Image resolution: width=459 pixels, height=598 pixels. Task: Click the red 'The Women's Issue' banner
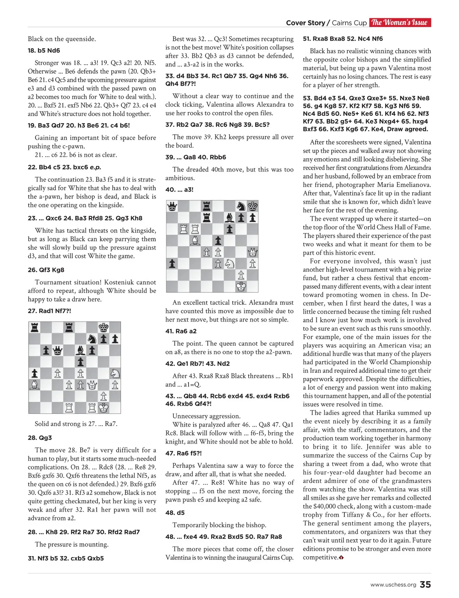coord(400,23)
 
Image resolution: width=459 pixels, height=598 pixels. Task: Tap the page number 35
coord(425,585)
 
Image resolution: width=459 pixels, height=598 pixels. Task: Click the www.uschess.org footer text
coord(393,585)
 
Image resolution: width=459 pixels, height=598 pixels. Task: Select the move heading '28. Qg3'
coord(40,438)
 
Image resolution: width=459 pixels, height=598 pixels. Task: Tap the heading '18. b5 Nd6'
coord(44,50)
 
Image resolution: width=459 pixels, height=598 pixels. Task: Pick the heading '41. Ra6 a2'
coord(181,331)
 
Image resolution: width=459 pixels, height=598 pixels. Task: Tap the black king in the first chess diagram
coord(103,327)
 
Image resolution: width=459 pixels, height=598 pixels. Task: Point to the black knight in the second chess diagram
coord(241,206)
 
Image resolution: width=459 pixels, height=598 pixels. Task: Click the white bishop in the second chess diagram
coord(195,241)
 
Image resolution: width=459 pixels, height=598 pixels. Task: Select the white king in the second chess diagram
coord(241,286)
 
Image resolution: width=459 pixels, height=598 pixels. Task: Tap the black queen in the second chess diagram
coord(172,206)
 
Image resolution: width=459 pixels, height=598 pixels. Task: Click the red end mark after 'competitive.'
coord(341,557)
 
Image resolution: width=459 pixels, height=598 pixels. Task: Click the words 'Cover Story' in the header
coord(305,23)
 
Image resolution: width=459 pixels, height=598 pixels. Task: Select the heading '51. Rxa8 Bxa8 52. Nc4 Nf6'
coord(343,39)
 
